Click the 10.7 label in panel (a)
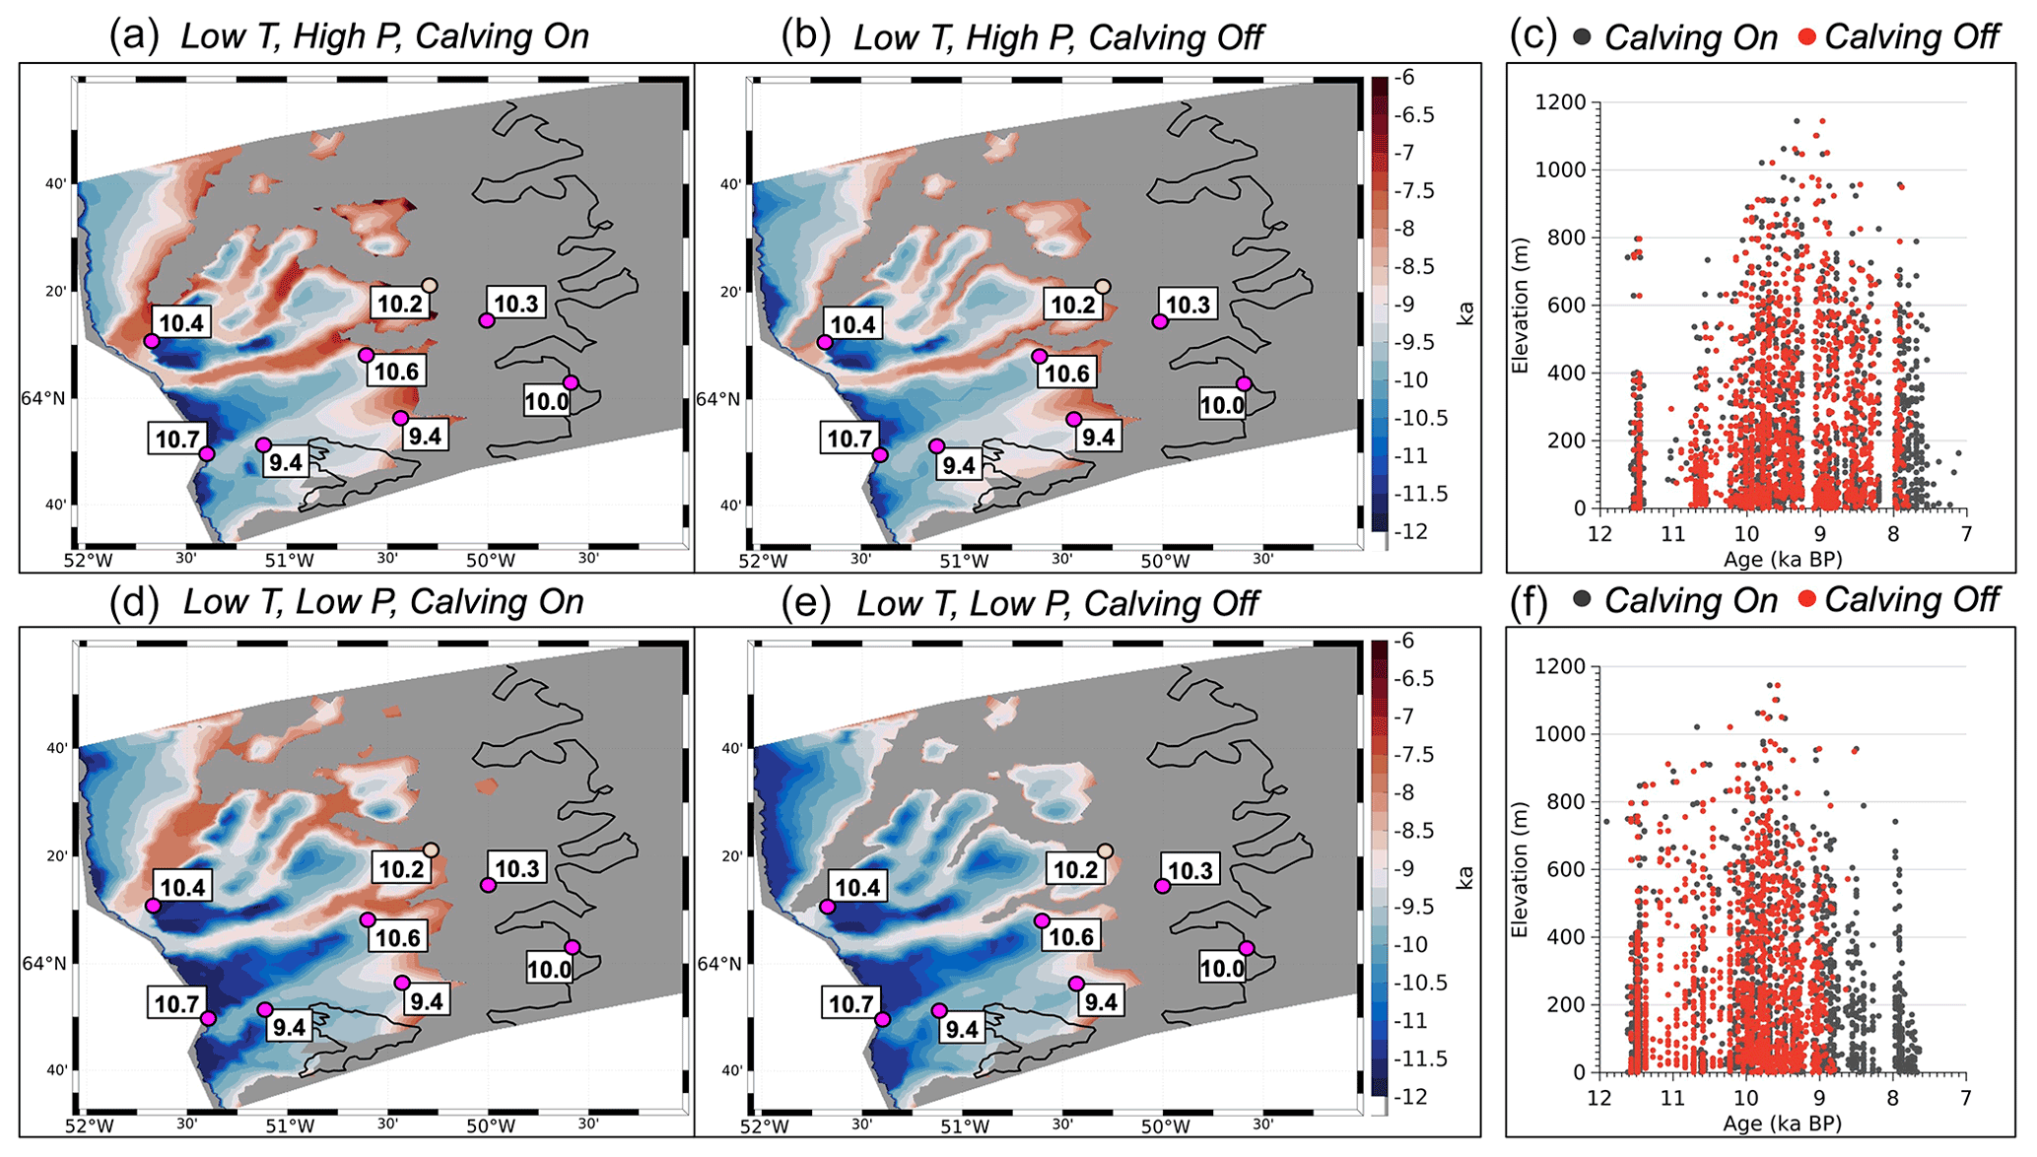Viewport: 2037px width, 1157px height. (176, 439)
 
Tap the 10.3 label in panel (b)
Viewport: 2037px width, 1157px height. (1188, 305)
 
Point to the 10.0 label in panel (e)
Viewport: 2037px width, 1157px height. (1222, 969)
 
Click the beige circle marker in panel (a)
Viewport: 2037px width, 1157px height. (429, 286)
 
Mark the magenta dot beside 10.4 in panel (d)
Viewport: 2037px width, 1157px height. (153, 906)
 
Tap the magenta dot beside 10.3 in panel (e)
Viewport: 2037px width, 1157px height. (1163, 886)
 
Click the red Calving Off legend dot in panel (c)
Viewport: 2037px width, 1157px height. (1807, 37)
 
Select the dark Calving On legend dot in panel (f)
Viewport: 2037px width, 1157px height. (1583, 599)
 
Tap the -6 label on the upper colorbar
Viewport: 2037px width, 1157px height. (1405, 78)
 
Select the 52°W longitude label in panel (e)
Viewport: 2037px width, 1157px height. (764, 1125)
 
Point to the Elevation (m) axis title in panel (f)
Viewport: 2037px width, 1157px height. (1520, 869)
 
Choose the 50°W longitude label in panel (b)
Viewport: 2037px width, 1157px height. (1165, 561)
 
